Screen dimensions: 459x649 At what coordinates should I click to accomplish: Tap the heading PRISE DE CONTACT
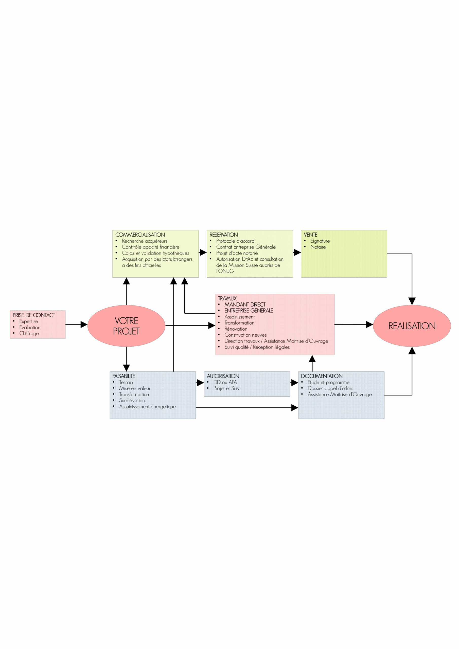(x=34, y=315)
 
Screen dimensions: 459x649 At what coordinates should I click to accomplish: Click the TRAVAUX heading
(x=227, y=298)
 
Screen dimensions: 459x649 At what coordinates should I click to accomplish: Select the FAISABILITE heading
(x=123, y=376)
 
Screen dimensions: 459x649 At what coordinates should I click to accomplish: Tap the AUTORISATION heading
(x=223, y=376)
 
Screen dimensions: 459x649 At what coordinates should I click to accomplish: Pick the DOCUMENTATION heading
(x=322, y=376)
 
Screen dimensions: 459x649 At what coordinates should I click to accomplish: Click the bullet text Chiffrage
(x=29, y=334)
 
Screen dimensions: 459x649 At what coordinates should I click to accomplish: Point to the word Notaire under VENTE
(x=318, y=247)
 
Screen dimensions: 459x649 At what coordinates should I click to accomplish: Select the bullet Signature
(x=320, y=241)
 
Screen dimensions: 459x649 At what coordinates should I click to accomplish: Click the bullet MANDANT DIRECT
(x=245, y=304)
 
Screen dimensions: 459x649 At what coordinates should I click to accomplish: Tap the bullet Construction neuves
(x=245, y=335)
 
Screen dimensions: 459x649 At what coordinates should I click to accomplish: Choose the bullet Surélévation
(x=132, y=400)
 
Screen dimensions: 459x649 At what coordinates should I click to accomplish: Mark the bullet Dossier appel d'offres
(x=330, y=388)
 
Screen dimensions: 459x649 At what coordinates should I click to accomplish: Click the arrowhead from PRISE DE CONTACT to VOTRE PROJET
(x=84, y=324)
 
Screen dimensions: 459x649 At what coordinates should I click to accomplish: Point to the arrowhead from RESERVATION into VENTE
(x=297, y=253)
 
